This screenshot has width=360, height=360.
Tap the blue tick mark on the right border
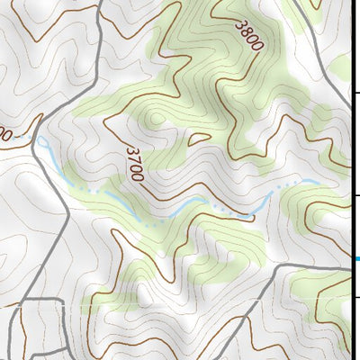355,259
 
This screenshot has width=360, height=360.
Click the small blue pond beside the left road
41,141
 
